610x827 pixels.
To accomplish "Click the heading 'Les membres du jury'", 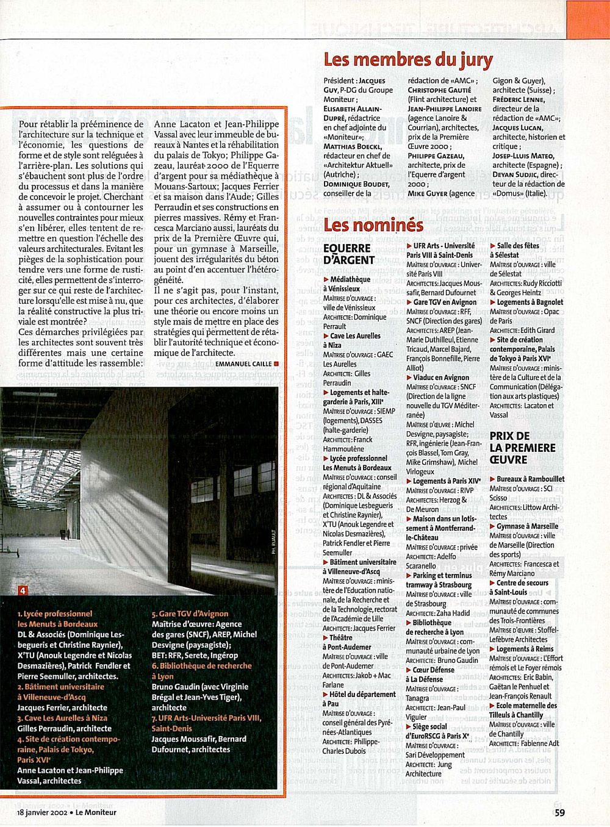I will [408, 60].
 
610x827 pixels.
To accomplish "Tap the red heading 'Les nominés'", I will [373, 225].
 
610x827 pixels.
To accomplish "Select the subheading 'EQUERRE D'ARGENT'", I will [349, 254].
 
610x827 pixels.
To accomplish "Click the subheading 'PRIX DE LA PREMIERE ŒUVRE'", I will [522, 448].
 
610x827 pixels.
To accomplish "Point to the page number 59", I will [559, 812].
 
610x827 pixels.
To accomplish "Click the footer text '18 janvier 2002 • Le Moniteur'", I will [66, 812].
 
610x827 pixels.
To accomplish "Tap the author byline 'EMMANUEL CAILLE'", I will [243, 364].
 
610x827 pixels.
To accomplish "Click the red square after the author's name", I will [276, 363].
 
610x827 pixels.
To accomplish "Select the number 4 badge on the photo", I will [23, 590].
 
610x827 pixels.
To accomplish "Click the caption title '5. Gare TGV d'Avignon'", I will [190, 614].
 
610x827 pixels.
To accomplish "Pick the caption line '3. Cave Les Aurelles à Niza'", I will [62, 718].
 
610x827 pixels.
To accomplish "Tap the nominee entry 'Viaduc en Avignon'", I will [440, 378].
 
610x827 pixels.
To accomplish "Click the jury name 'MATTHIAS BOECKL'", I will [353, 146].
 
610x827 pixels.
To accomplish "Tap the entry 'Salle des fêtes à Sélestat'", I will [514, 250].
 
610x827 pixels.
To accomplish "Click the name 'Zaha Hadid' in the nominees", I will [453, 613].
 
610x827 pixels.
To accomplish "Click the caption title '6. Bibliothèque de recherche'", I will [201, 666].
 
